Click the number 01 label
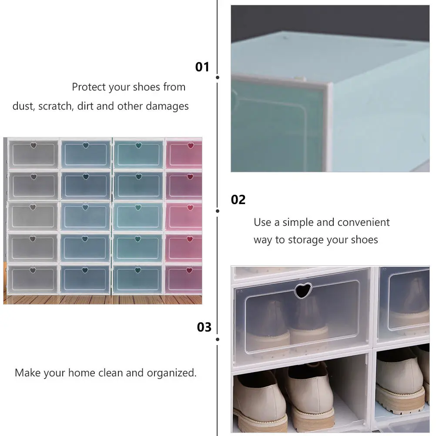click(x=202, y=67)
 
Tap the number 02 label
click(x=238, y=200)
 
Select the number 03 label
click(x=204, y=327)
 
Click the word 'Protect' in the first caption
click(x=89, y=87)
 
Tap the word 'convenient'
click(x=363, y=222)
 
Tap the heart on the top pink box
click(x=190, y=145)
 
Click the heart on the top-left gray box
click(x=34, y=145)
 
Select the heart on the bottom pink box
click(x=190, y=270)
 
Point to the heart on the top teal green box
click(x=138, y=145)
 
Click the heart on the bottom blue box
click(x=85, y=270)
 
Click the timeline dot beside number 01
click(x=217, y=77)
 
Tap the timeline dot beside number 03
click(x=217, y=339)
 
